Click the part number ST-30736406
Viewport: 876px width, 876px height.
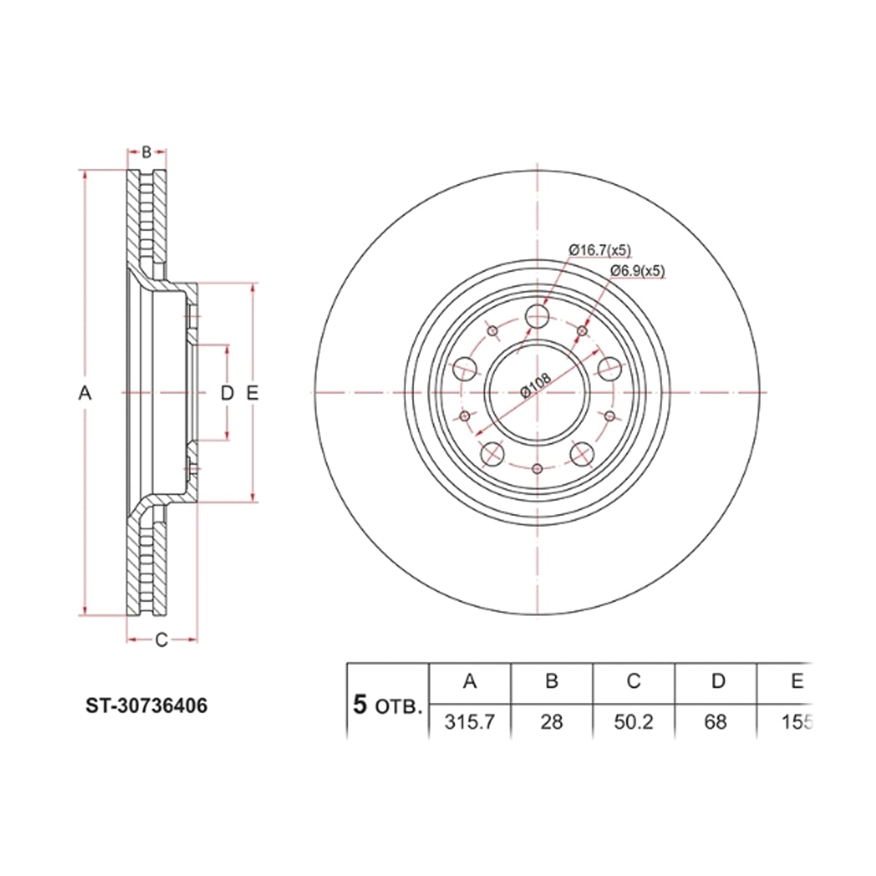(147, 705)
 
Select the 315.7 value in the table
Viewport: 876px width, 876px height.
(469, 722)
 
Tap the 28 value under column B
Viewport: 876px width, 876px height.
(551, 722)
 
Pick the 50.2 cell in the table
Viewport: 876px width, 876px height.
(633, 722)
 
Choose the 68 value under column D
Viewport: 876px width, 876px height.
(715, 722)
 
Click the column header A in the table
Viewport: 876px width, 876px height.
(469, 681)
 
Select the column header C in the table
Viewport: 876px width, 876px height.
(633, 681)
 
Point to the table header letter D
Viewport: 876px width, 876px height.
(718, 681)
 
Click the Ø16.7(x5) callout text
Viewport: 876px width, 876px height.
(599, 250)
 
